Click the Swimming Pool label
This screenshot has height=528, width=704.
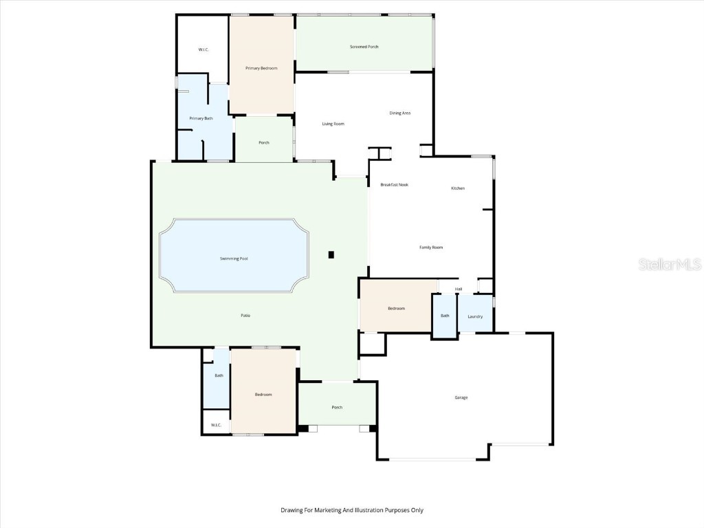pyautogui.click(x=234, y=258)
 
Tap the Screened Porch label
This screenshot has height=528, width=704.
pyautogui.click(x=364, y=47)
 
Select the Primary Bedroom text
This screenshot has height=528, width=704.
pyautogui.click(x=261, y=68)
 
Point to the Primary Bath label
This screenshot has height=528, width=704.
pyautogui.click(x=201, y=119)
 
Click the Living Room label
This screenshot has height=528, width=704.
pyautogui.click(x=333, y=124)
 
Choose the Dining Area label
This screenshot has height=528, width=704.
pyautogui.click(x=400, y=113)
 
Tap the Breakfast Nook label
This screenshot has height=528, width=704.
pyautogui.click(x=395, y=185)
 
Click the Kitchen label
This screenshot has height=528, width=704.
pyautogui.click(x=458, y=188)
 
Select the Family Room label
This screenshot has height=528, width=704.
pyautogui.click(x=431, y=247)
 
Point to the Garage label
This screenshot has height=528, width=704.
pyautogui.click(x=461, y=397)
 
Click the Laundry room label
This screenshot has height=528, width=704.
pyautogui.click(x=475, y=316)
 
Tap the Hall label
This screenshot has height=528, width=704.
pyautogui.click(x=459, y=289)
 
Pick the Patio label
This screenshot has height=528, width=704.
pyautogui.click(x=245, y=315)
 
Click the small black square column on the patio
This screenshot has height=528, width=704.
pyautogui.click(x=331, y=255)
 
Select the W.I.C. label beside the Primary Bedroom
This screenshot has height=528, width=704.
pyautogui.click(x=203, y=49)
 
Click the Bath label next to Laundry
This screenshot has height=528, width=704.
pyautogui.click(x=445, y=316)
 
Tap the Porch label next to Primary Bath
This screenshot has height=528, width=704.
pyautogui.click(x=264, y=142)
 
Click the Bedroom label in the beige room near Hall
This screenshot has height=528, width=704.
pyautogui.click(x=397, y=309)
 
